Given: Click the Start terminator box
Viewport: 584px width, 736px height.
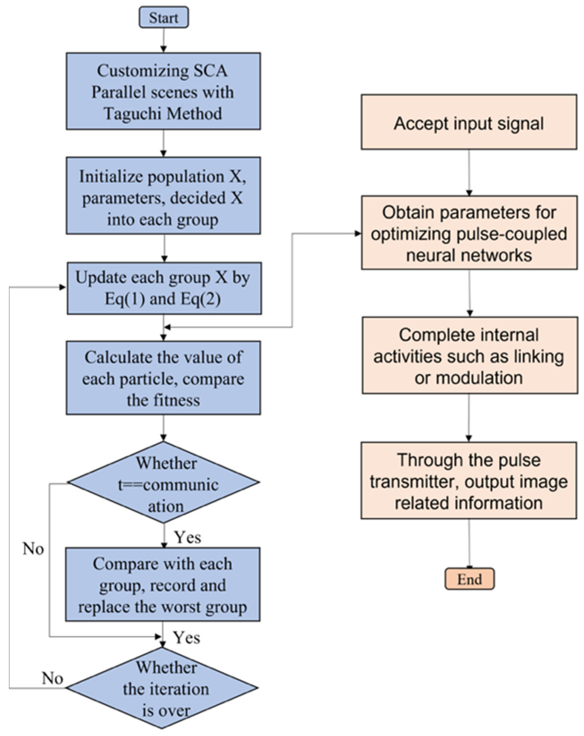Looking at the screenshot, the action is (163, 17).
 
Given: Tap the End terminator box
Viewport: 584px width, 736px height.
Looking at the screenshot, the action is (469, 579).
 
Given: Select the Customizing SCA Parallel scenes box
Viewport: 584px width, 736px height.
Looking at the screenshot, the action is (163, 91).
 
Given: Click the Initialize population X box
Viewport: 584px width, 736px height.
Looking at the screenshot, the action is (163, 196).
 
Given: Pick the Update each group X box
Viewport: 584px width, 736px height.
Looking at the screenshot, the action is (164, 288).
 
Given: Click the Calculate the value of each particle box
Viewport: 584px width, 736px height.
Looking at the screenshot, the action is (163, 378).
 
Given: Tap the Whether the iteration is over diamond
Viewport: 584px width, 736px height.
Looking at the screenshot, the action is (162, 688).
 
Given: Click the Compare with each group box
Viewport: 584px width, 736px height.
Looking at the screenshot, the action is (162, 584).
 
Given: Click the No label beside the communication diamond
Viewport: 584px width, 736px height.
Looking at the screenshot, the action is (33, 549).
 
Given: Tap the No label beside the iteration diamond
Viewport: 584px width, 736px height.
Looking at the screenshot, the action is (52, 678).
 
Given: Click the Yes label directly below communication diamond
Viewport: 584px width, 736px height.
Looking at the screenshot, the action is (188, 537).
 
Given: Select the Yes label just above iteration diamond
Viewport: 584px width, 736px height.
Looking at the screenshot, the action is (186, 637).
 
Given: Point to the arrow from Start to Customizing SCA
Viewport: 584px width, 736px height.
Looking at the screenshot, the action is (163, 40).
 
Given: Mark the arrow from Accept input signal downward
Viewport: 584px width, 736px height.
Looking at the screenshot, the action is (469, 172).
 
